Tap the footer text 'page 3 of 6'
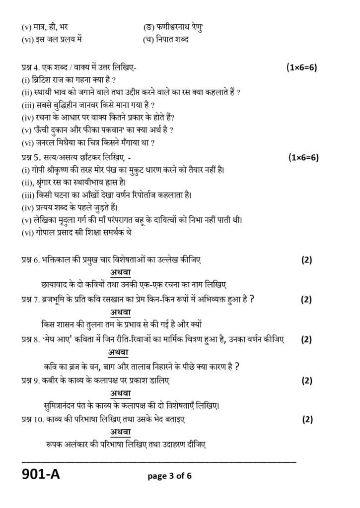(169, 476)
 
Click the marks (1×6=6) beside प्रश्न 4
(301, 67)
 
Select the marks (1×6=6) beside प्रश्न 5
(303, 158)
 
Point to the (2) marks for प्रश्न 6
(306, 259)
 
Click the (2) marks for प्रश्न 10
(307, 419)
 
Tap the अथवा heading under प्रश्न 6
(121, 272)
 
